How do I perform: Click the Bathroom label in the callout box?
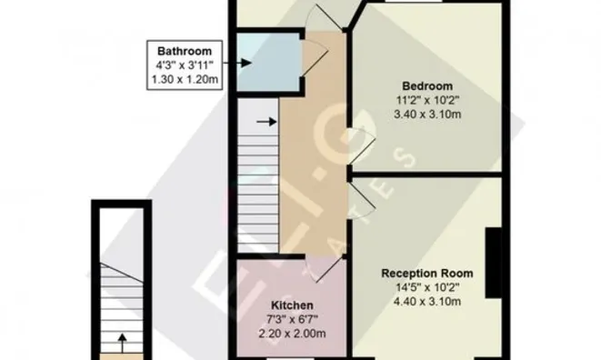185,51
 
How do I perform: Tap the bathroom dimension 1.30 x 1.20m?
185,79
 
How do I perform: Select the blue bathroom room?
268,62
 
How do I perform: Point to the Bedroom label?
427,85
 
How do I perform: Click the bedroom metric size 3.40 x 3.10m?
427,115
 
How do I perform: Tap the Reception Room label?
427,274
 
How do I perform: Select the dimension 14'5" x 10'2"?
427,287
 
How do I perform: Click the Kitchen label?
292,305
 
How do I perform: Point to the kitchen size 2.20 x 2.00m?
292,334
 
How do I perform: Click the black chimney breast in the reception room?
494,263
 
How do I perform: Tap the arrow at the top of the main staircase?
266,122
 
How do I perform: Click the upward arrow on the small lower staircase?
122,343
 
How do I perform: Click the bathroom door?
316,56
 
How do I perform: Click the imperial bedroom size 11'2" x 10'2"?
427,100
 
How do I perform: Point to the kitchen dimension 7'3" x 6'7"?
292,319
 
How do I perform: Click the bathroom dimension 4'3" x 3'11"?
185,65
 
